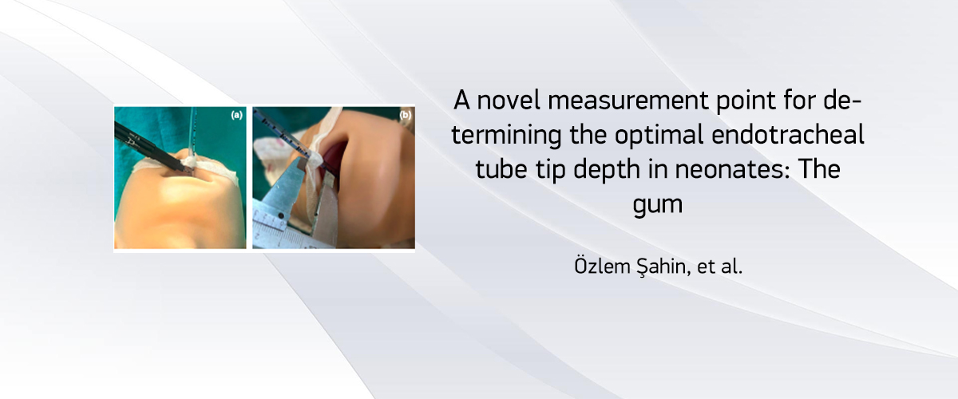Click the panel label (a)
(x=236, y=115)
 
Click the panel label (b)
(x=405, y=115)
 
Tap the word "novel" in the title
(x=509, y=101)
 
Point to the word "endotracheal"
(x=788, y=134)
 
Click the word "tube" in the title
(x=501, y=169)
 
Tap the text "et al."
(x=719, y=266)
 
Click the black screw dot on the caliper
(x=280, y=215)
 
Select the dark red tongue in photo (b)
(x=335, y=156)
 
